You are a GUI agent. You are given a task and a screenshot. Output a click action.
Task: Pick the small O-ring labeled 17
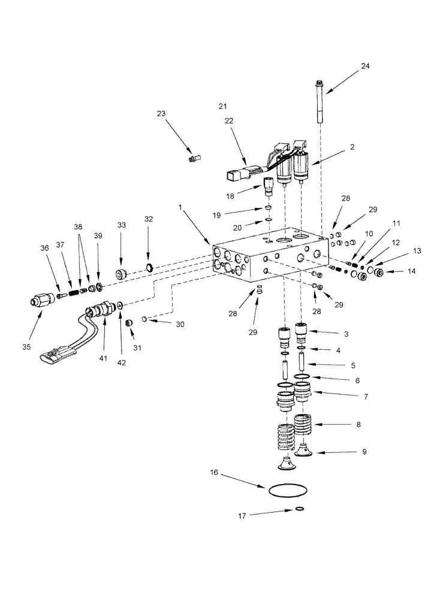pos(299,510)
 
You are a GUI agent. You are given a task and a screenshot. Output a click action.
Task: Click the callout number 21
pos(223,105)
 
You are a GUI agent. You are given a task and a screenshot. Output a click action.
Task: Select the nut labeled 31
pos(128,324)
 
